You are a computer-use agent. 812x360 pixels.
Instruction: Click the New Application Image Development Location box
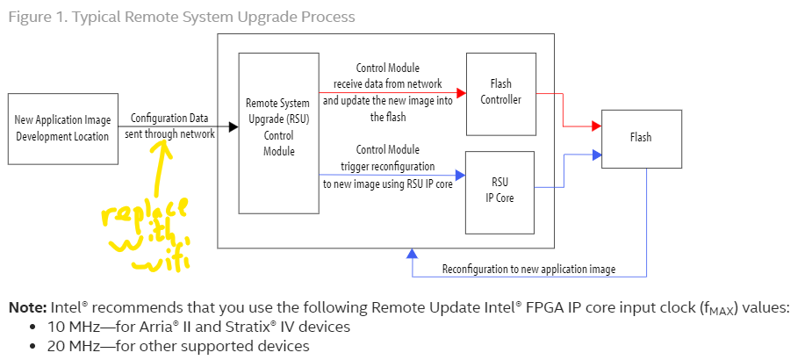tap(62, 128)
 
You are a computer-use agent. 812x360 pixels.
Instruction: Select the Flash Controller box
tap(500, 91)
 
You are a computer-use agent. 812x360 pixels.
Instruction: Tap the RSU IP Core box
tap(500, 191)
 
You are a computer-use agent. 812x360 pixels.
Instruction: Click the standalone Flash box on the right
tap(641, 138)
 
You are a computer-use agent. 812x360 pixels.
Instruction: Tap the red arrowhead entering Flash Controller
tap(460, 90)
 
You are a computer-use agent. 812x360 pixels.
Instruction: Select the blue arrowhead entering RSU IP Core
tap(460, 175)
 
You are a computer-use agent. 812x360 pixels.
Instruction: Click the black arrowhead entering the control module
tap(233, 126)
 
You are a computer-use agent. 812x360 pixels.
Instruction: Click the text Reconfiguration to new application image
tap(528, 269)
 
